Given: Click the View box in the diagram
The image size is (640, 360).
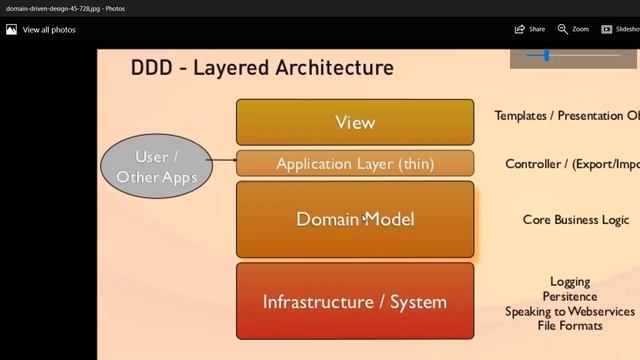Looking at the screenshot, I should pyautogui.click(x=355, y=122).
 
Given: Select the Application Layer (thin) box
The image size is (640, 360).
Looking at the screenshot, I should pyautogui.click(x=355, y=164).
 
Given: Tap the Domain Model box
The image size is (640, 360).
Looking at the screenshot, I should pyautogui.click(x=355, y=219).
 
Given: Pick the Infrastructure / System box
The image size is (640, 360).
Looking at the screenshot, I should pyautogui.click(x=355, y=301).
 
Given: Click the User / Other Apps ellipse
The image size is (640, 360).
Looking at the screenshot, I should pyautogui.click(x=157, y=167).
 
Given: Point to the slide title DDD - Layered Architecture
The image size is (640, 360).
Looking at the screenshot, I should pyautogui.click(x=262, y=68).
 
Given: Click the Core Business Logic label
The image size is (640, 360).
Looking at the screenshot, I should pyautogui.click(x=576, y=220).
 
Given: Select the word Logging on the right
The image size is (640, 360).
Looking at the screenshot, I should pyautogui.click(x=570, y=282).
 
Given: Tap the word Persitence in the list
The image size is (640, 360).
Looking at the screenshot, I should pyautogui.click(x=570, y=297).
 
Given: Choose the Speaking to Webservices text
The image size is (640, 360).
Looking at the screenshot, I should pyautogui.click(x=570, y=311).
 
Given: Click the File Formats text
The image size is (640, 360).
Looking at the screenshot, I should pyautogui.click(x=570, y=326).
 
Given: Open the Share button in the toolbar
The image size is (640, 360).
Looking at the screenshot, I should pyautogui.click(x=530, y=29).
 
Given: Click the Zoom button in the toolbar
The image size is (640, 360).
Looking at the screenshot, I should pyautogui.click(x=573, y=29).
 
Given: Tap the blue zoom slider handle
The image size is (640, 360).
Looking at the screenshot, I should pyautogui.click(x=546, y=56).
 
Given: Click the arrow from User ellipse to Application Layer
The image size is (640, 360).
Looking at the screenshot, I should pyautogui.click(x=224, y=161).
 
